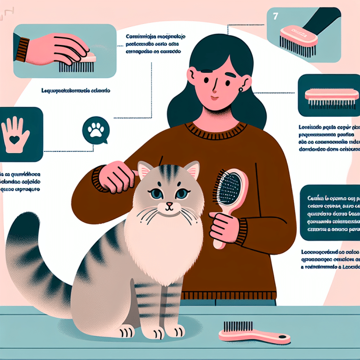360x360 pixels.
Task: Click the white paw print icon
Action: (x=96, y=129)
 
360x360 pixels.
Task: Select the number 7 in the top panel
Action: (x=275, y=16)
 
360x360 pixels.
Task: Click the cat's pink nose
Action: (x=169, y=204)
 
